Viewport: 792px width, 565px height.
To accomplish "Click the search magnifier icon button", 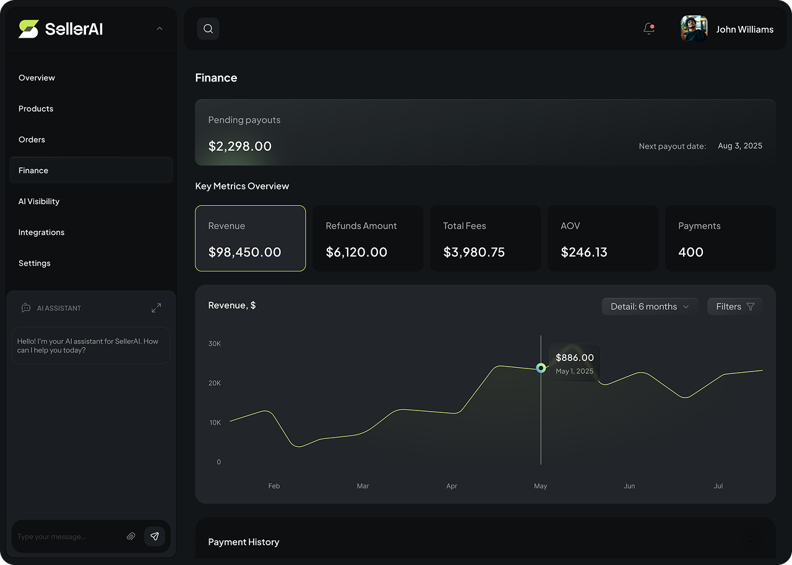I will point(208,29).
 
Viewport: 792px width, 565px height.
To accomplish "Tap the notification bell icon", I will point(648,28).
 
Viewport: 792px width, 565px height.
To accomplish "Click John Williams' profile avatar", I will point(694,29).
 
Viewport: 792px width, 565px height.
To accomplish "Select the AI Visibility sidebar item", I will point(39,202).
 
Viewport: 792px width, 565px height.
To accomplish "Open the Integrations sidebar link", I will point(41,232).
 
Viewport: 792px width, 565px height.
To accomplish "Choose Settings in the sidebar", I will point(35,263).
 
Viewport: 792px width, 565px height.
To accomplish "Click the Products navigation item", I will point(36,109).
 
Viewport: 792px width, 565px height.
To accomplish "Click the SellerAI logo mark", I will point(28,29).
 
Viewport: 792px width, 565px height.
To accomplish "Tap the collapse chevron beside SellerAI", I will point(160,28).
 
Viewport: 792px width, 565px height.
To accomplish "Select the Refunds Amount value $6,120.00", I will point(356,252).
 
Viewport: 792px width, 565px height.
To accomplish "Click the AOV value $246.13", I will point(584,252).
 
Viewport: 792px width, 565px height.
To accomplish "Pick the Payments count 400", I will point(691,252).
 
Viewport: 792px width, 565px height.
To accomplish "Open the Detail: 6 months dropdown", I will point(650,307).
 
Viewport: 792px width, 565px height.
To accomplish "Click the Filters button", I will point(734,307).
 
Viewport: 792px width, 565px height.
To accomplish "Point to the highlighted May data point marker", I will point(541,368).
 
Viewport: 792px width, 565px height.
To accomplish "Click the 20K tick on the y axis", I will point(215,383).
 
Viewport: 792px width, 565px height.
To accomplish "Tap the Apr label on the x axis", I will point(452,486).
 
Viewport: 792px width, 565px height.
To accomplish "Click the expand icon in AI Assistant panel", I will point(156,308).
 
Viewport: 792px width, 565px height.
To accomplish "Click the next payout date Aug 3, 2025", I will point(740,146).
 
